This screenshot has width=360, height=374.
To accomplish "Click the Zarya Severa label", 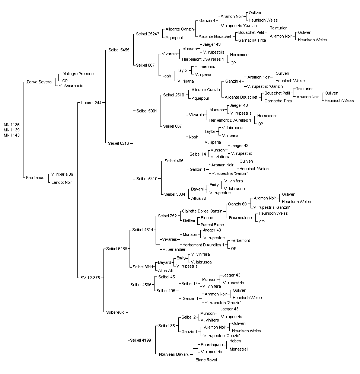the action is (39, 82).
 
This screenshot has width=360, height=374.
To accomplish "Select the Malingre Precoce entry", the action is (78, 74).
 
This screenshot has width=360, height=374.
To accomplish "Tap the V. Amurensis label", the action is (71, 86).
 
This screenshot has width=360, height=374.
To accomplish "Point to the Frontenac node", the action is (35, 178).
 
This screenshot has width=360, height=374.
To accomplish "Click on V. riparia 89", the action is (62, 175).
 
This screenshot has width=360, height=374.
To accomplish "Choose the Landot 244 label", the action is (91, 103).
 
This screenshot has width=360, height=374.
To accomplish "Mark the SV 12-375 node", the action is (90, 278).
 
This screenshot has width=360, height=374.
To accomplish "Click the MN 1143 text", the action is (12, 135).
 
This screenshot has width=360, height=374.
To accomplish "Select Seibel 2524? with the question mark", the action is (147, 34).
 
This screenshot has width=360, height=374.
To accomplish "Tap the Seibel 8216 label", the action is (118, 143).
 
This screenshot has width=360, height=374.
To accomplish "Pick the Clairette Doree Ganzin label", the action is (202, 211).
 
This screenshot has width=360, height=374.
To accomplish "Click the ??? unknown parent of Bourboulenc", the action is (262, 221).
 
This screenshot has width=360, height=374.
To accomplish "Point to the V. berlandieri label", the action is (174, 249).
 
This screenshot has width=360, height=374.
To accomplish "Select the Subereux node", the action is (115, 313).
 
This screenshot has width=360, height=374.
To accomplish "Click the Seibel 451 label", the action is (168, 277).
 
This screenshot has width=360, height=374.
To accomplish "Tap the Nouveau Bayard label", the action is (174, 354).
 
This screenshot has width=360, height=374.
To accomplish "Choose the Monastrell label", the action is (239, 349).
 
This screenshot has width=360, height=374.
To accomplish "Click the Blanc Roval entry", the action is (206, 360).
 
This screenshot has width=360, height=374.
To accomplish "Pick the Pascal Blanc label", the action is (212, 225).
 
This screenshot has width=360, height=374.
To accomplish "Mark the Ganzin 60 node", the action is (238, 204).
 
